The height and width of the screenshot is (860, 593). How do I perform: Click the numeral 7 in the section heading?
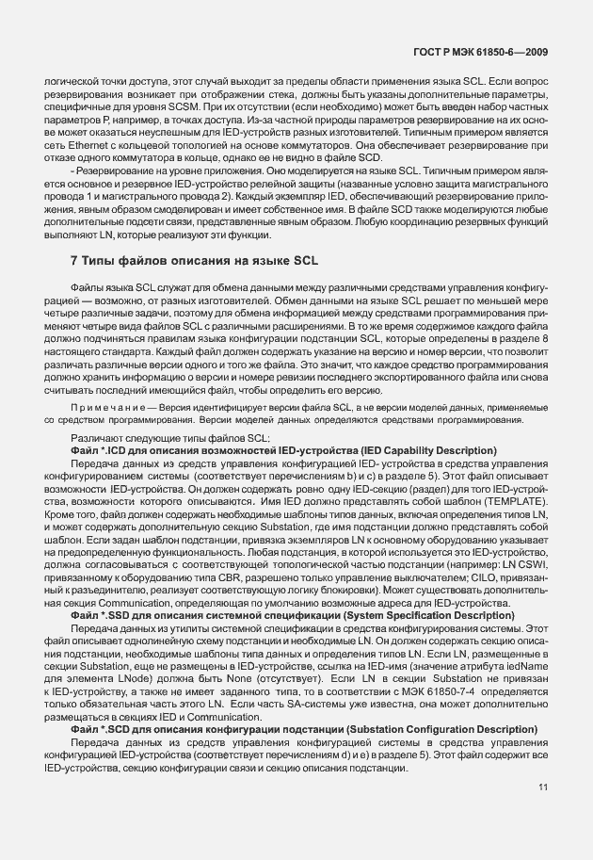74,259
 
